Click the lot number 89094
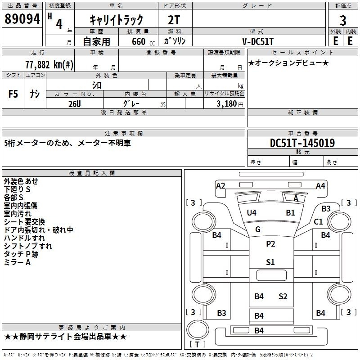pos(22,19)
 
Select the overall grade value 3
pos(343,21)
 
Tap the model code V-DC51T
pos(258,41)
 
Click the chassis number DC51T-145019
pos(302,143)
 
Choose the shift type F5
pos(13,94)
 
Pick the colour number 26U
pos(75,104)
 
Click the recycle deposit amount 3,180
pos(226,104)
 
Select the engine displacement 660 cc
pos(143,42)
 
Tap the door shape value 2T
pos(174,20)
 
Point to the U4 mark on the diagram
pos(252,213)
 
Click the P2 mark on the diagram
pos(270,244)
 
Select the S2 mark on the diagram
pos(283,297)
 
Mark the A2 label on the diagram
pos(220,186)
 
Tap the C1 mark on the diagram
pos(318,222)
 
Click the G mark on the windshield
pos(258,229)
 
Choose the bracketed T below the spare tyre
pos(197,344)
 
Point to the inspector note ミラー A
pos(17,262)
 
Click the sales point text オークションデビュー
pos(288,63)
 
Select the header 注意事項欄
pos(124,133)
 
